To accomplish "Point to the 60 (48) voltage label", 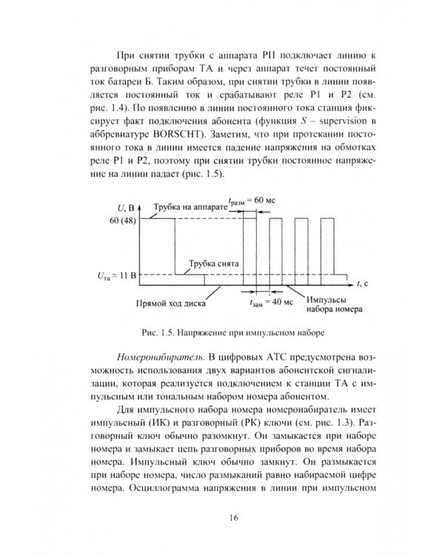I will (126, 220).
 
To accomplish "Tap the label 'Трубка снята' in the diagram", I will (212, 263).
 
